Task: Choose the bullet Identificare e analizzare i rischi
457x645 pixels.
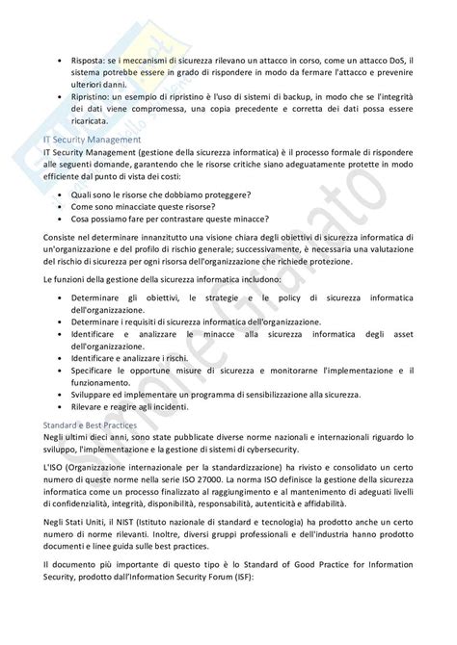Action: click(x=136, y=357)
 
